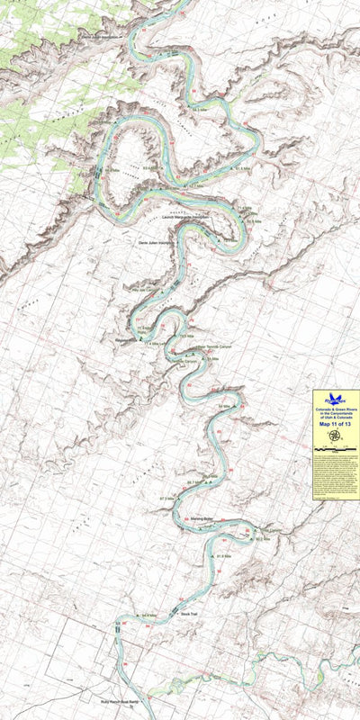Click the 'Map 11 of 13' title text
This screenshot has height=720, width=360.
point(335,426)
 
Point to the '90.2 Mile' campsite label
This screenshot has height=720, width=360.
point(263,539)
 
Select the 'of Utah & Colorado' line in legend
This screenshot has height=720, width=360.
point(336,418)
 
